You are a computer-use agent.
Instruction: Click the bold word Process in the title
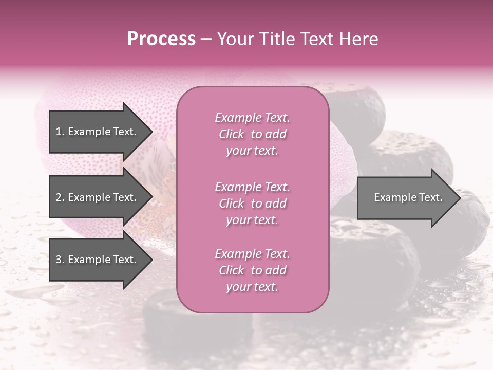[161, 39]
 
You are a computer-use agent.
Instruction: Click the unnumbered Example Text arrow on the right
[406, 197]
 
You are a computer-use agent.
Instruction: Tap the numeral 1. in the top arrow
[60, 132]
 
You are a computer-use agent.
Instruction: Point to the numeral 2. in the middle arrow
[60, 197]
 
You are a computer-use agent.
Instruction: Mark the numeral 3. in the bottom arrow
[60, 260]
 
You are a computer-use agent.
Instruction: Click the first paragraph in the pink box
[252, 134]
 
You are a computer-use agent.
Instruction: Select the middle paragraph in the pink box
[252, 203]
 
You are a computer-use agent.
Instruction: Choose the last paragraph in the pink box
[252, 270]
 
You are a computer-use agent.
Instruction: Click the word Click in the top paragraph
[232, 134]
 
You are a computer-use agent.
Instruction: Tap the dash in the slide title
[206, 39]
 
